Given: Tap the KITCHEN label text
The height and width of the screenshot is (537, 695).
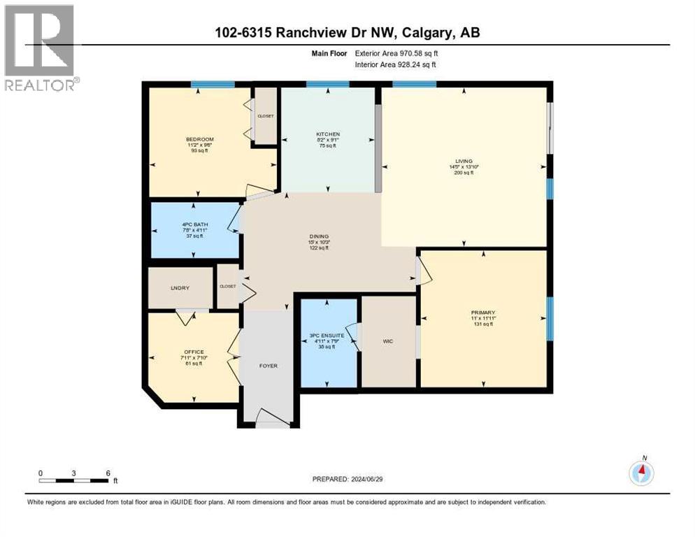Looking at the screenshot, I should click(328, 134).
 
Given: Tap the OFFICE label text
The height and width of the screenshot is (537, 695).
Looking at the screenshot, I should click(194, 352).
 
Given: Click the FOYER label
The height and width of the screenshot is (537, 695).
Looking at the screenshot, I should click(268, 366).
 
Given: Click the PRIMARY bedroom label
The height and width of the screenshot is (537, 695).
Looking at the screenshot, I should click(482, 313).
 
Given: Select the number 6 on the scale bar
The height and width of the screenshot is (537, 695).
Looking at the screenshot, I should click(107, 473).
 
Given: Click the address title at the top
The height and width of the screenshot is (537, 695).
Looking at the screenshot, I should click(347, 33).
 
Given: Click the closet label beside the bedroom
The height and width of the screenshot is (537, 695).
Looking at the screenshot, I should click(266, 116).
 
